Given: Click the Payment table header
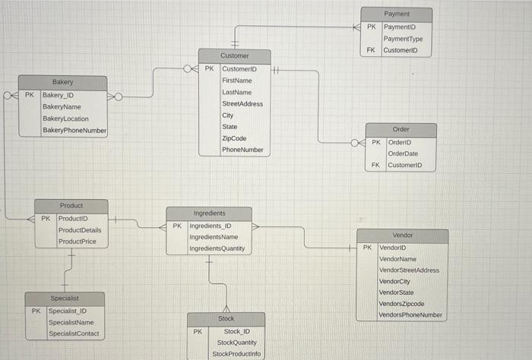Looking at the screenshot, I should [397, 14].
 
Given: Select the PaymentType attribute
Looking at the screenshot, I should [403, 39].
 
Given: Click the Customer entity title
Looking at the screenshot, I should [234, 56].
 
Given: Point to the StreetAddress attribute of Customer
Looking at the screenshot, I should [242, 103].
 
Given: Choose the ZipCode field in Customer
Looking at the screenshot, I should [234, 138].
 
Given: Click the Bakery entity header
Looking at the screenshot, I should [63, 82].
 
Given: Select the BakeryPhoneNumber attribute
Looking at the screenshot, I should [74, 131].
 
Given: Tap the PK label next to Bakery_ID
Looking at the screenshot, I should [29, 96].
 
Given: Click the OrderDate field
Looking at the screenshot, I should [403, 153].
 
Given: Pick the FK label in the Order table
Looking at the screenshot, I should [375, 165].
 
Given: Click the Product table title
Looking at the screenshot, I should [71, 206].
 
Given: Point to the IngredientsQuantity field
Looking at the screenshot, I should [217, 248].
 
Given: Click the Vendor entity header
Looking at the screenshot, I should [403, 235].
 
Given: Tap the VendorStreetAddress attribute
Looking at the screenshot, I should [409, 270].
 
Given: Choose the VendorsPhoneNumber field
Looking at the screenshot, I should [410, 314].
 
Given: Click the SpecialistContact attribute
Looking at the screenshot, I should [73, 333].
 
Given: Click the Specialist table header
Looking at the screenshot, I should [65, 298].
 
